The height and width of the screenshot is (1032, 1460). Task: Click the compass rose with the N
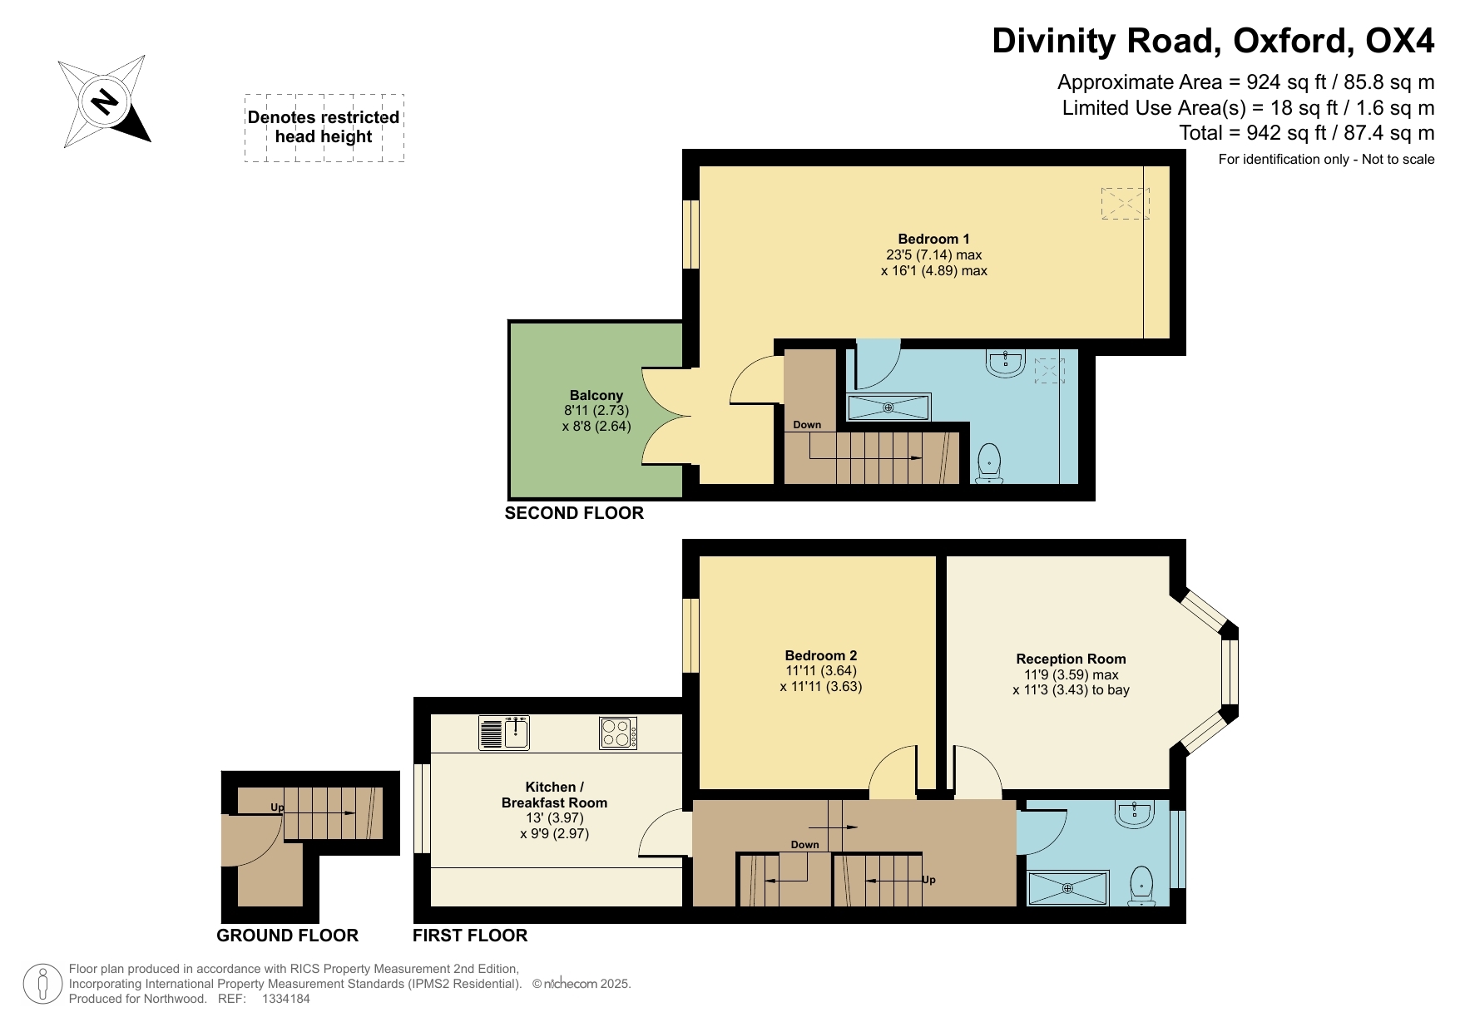coord(104,101)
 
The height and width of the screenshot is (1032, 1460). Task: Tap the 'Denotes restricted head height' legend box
coord(324,127)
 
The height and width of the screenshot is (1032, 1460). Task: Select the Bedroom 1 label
coord(933,239)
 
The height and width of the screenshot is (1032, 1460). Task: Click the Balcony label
coord(596,395)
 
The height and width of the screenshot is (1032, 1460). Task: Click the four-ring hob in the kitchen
coord(618,733)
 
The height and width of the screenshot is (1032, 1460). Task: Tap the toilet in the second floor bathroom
coord(989,462)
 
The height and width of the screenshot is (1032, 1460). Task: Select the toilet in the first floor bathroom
coord(1142,886)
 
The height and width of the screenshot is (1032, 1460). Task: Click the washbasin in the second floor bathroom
coord(1006,363)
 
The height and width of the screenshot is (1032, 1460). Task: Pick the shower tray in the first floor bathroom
coord(1068,888)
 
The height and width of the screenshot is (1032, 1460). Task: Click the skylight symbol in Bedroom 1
coord(1125,203)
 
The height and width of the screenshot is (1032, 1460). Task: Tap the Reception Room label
coord(1071,659)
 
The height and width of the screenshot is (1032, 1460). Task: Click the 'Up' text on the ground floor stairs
coord(277,807)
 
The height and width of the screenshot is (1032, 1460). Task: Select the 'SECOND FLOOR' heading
coord(574,513)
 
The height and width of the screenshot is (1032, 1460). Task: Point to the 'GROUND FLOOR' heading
coord(287,936)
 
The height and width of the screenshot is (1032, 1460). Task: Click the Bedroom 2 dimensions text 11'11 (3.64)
coord(821,671)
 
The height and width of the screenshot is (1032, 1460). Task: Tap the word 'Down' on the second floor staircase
coord(806,425)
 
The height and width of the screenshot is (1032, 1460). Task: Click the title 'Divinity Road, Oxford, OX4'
coord(1212,41)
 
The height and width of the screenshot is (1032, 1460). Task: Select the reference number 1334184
coord(285,999)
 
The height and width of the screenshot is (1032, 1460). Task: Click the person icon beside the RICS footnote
coord(42,984)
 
